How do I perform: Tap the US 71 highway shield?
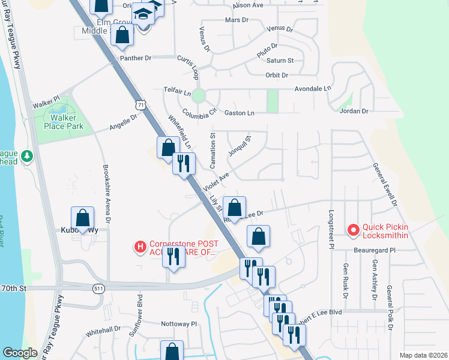(140, 106)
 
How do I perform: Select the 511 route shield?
(98, 289)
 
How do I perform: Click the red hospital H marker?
(140, 247)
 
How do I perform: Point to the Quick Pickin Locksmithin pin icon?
(353, 230)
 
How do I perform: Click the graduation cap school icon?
(143, 13)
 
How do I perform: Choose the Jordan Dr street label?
(354, 112)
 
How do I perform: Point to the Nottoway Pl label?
(178, 323)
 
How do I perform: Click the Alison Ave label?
(249, 5)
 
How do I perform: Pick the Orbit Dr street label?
(277, 75)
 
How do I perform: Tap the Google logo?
(20, 353)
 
